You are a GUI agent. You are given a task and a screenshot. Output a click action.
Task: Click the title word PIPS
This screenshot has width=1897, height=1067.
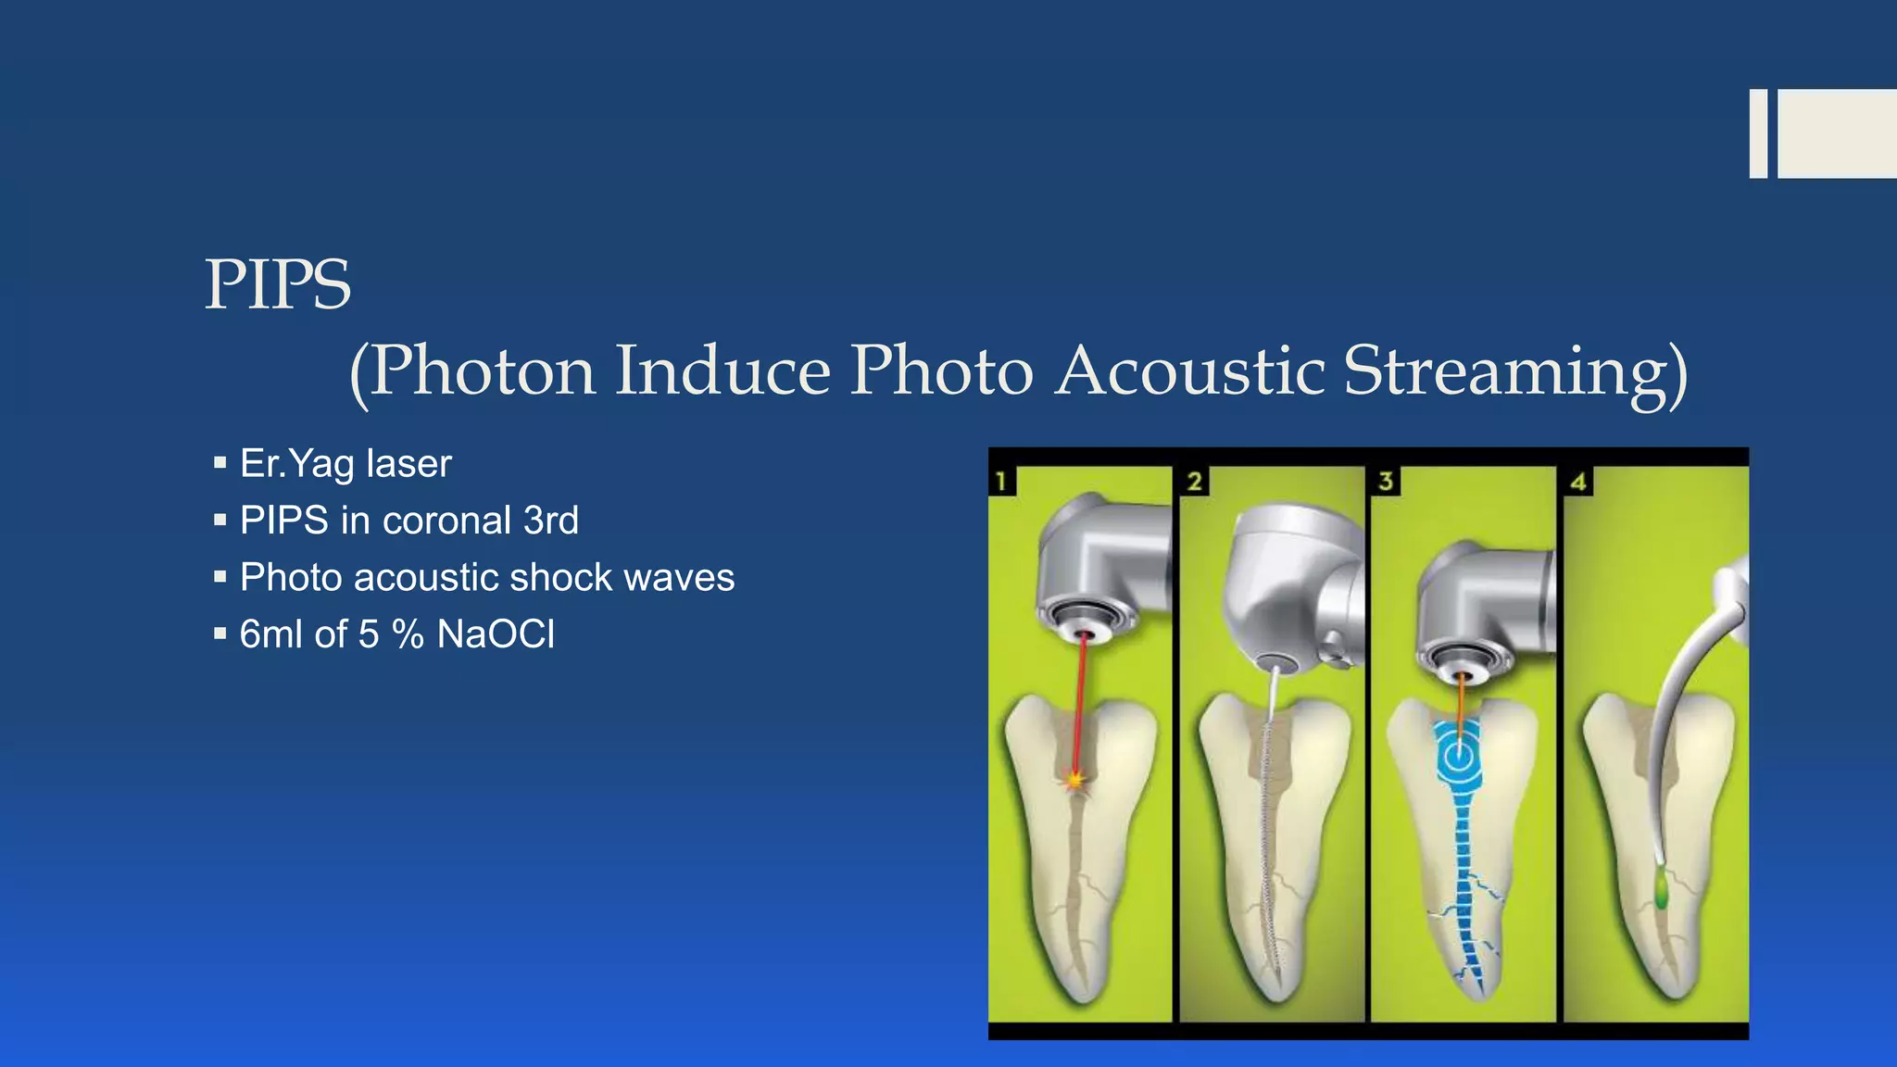[277, 284]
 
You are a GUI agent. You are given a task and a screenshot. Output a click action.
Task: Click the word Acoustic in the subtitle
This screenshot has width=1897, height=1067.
[1190, 370]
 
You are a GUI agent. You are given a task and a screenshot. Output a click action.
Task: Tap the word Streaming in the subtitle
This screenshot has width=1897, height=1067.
[1515, 370]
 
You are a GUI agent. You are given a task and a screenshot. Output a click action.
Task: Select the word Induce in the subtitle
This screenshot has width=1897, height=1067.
[722, 370]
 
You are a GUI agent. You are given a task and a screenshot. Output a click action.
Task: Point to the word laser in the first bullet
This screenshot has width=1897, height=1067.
[408, 463]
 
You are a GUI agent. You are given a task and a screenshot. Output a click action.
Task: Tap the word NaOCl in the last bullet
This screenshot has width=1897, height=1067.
[496, 634]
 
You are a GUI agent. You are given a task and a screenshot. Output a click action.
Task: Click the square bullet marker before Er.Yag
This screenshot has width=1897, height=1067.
[220, 462]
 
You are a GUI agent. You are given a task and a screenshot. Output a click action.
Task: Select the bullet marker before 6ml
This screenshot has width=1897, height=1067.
[220, 634]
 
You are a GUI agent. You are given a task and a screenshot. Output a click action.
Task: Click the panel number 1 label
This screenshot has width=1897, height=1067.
[1001, 481]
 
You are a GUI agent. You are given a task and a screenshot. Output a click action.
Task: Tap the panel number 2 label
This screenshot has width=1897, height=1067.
[1194, 481]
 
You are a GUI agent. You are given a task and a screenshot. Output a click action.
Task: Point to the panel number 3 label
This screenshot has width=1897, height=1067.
[1386, 481]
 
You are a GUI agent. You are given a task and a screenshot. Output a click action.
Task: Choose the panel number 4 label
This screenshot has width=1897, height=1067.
[1578, 481]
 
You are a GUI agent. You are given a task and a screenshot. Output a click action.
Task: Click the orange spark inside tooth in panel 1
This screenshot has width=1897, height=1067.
[1074, 780]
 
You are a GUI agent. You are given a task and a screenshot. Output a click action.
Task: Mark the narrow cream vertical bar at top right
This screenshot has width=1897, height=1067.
[1757, 133]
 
